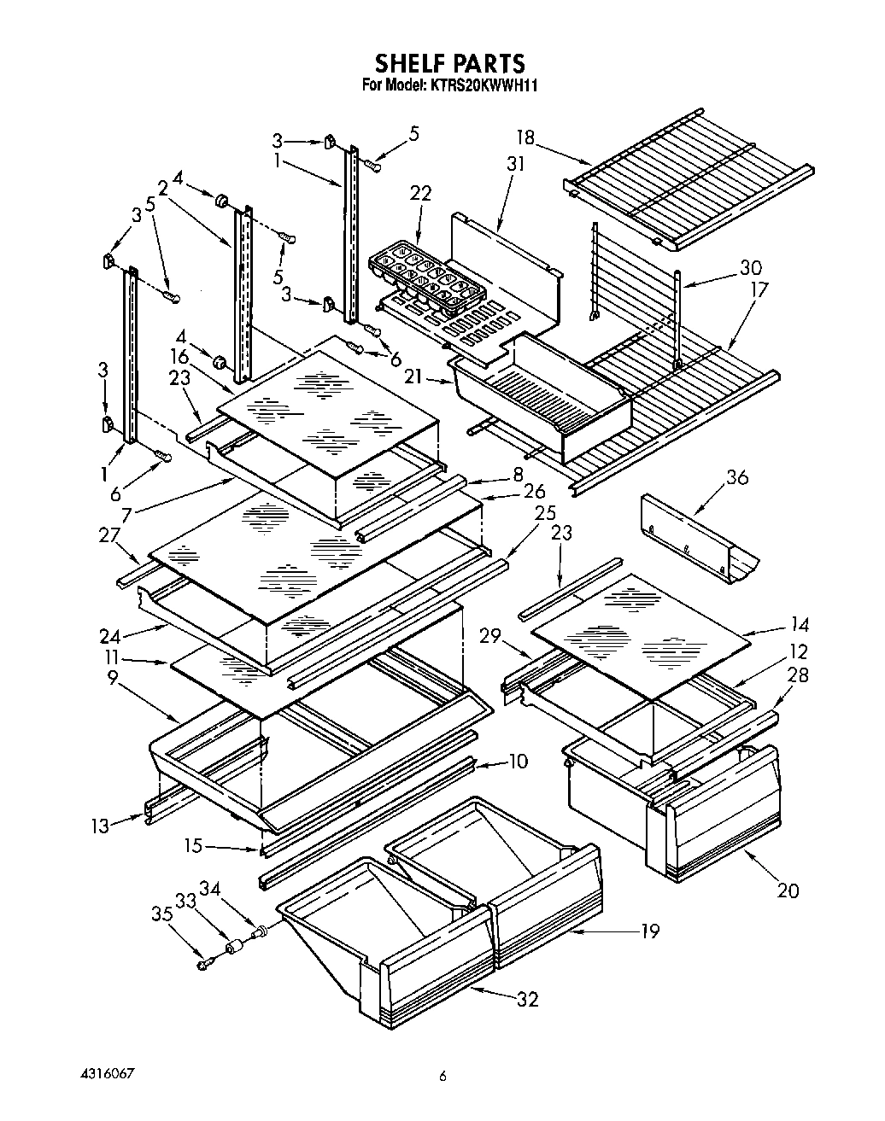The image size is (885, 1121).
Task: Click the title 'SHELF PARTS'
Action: [449, 63]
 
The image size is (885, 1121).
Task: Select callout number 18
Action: [525, 137]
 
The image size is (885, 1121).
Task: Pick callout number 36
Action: [736, 478]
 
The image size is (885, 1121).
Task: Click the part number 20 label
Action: [788, 890]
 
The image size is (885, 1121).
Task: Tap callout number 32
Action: [528, 998]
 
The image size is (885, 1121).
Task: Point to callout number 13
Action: [100, 826]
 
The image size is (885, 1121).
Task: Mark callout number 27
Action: [108, 535]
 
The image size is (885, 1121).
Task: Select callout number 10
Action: [518, 761]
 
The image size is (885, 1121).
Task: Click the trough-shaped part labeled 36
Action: [700, 537]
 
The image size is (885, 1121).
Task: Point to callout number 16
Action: [179, 356]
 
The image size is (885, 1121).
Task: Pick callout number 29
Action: [488, 636]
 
